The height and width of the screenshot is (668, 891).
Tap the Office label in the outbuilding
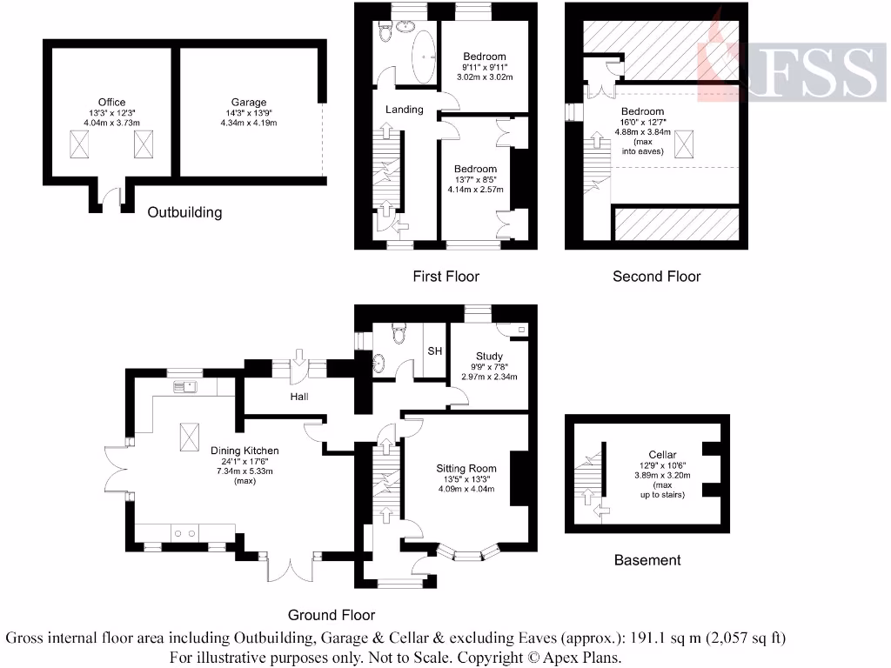(112, 102)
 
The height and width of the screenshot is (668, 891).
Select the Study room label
(489, 356)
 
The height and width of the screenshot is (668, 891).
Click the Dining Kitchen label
(245, 450)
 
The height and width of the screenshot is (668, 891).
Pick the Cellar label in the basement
(662, 454)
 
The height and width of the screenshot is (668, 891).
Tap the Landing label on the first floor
(405, 110)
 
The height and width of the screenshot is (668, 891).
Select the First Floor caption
(445, 277)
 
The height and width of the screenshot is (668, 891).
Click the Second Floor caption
(656, 277)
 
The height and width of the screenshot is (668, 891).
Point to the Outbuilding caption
(184, 212)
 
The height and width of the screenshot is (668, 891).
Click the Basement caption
(647, 560)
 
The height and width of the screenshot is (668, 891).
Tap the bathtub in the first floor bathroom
(425, 59)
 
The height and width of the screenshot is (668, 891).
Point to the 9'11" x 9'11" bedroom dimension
(484, 66)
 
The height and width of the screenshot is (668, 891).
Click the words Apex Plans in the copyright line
(582, 657)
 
